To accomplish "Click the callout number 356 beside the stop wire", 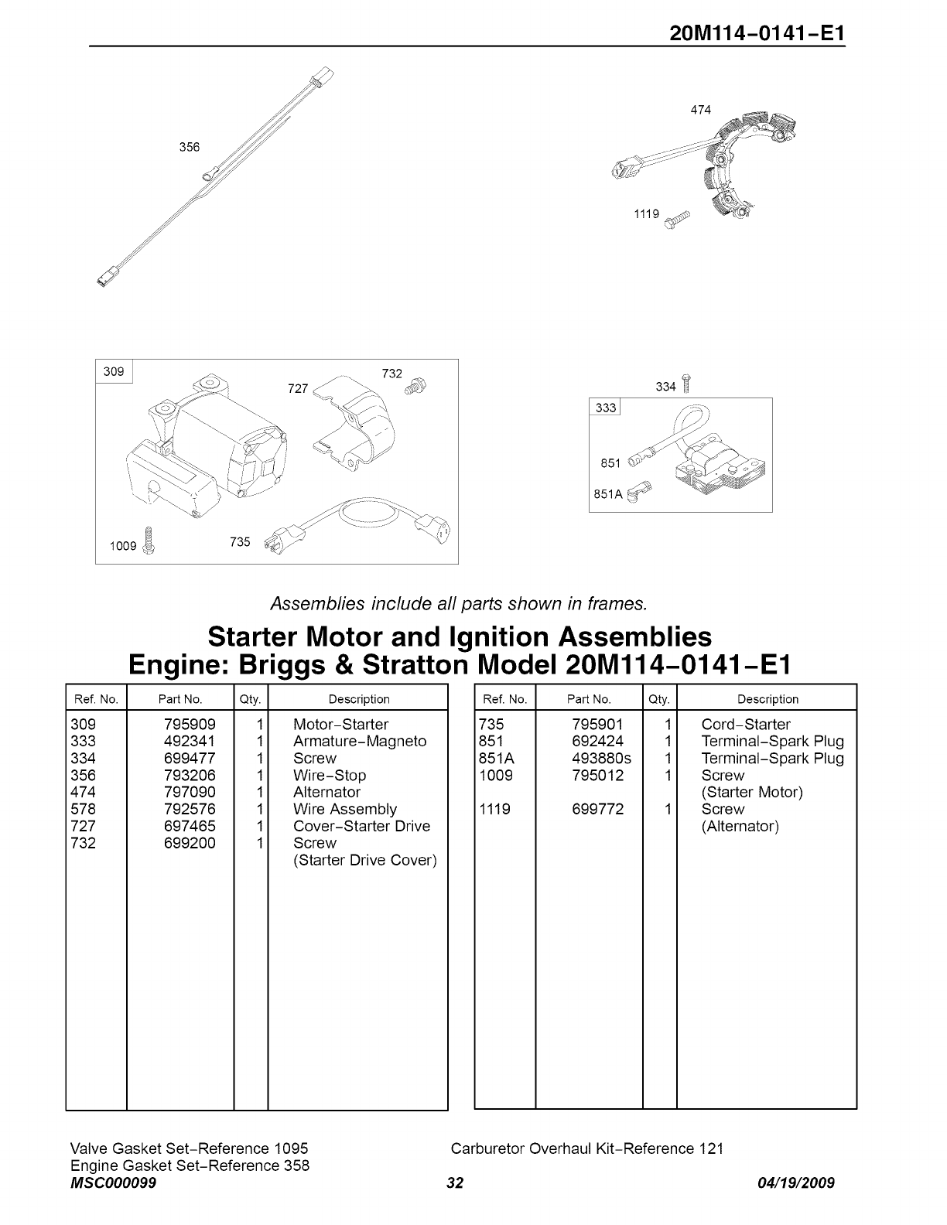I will pos(190,147).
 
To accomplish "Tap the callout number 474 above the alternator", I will pos(700,110).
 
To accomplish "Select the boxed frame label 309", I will pos(114,372).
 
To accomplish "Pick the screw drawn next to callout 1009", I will pos(151,539).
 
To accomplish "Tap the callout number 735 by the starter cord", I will pos(241,542).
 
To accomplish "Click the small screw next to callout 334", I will pos(685,384).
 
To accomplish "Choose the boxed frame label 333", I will pos(606,408).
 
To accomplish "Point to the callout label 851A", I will pos(607,493).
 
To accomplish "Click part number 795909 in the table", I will pos(190,725).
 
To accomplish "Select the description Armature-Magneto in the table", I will pos(360,742).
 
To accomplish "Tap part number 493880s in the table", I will pos(601,759).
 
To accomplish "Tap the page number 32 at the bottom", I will pos(455,1183).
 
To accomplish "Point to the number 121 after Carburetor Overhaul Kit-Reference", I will pos(711,1148).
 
